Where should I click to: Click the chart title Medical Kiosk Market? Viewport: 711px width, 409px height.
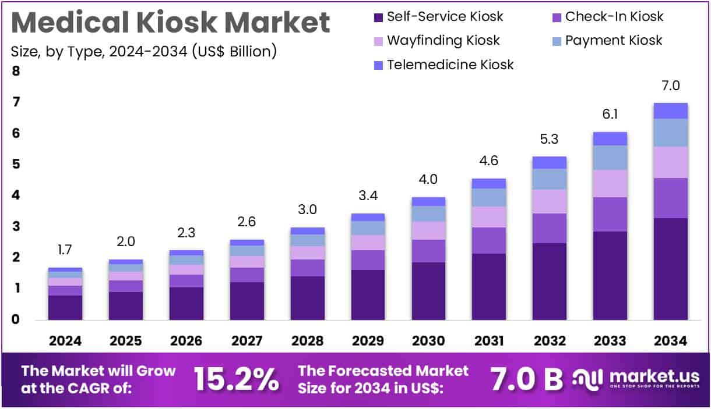(170, 23)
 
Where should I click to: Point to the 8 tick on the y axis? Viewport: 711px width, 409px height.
(16, 72)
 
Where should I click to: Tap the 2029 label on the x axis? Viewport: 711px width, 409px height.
(367, 341)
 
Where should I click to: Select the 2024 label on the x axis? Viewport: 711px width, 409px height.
(65, 341)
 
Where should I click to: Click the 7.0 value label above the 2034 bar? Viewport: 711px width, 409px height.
(670, 86)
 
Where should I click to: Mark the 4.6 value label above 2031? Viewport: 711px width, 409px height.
(488, 161)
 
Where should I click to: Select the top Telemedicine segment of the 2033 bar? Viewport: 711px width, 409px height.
(610, 138)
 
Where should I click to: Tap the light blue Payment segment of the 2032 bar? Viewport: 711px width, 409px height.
(549, 179)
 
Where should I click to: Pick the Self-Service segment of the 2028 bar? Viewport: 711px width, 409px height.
(307, 298)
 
